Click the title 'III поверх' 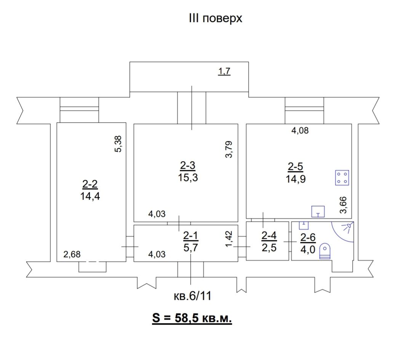tap(216, 19)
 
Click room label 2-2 tap(90, 184)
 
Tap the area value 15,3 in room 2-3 tap(188, 178)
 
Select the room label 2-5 tap(296, 166)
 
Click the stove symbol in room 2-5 tap(342, 178)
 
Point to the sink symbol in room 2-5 tap(318, 211)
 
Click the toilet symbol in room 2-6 tap(325, 251)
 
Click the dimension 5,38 tap(118, 144)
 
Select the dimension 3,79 tap(229, 149)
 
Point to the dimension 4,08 tap(300, 130)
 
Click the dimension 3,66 tap(343, 205)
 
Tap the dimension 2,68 tap(72, 254)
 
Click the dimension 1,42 tap(229, 238)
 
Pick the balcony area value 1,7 tap(224, 71)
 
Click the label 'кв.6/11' tap(192, 296)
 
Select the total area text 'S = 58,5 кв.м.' tap(192, 318)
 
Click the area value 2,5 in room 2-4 tap(269, 248)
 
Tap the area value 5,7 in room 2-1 tap(190, 247)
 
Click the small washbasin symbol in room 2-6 tap(304, 225)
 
